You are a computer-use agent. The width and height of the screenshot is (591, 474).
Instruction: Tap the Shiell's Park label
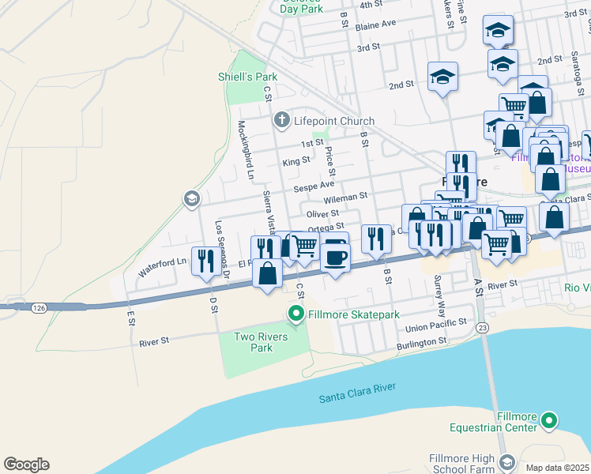tap(248, 77)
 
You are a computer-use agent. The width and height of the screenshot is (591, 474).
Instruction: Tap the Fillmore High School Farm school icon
tap(506, 461)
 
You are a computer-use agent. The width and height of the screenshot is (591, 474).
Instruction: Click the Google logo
tap(26, 465)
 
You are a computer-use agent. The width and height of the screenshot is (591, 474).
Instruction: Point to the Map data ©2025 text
tap(557, 468)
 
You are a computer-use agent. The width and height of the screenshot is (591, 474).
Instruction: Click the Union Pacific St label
tap(435, 325)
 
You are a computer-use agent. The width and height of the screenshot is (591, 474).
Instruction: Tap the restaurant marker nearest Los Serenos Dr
tap(207, 260)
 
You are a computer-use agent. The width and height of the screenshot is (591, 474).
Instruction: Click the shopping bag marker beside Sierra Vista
tap(268, 273)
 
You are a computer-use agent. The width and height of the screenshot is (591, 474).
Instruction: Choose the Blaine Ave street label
tap(375, 24)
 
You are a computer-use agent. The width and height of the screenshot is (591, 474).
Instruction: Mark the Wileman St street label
tap(348, 195)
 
